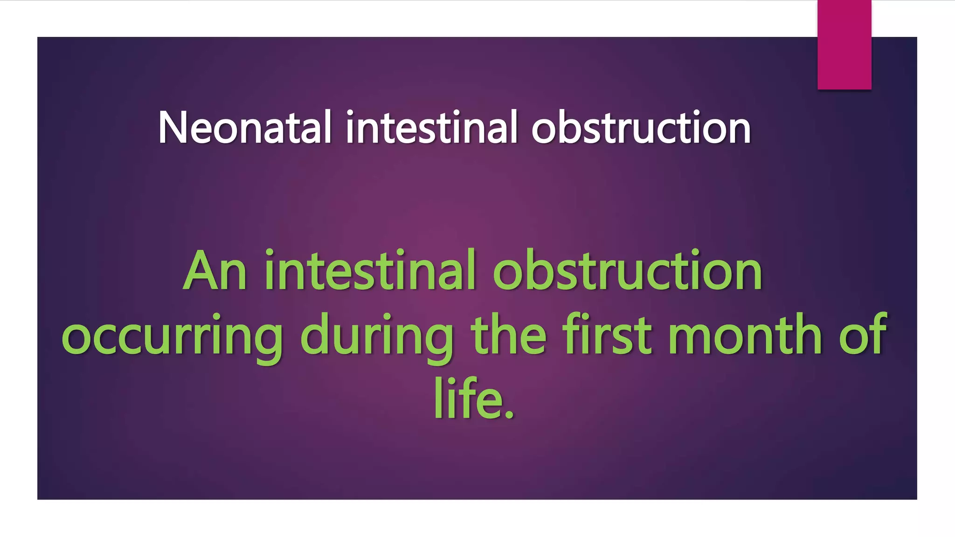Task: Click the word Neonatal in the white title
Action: tap(245, 127)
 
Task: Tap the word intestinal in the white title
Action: tap(431, 127)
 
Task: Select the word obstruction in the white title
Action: tap(641, 127)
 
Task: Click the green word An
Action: tap(215, 272)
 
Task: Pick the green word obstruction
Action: tap(627, 272)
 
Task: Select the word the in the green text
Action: tap(508, 335)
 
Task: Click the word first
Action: tap(606, 335)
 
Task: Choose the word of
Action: tap(863, 335)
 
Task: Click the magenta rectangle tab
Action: tap(844, 44)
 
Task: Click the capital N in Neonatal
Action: tap(173, 127)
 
